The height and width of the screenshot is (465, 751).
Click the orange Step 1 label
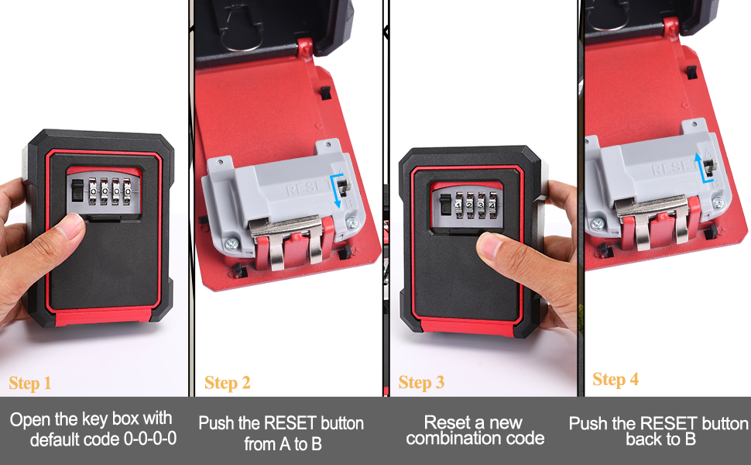point(29,383)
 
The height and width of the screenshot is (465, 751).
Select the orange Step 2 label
point(228,383)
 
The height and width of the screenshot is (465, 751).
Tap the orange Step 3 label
point(421,383)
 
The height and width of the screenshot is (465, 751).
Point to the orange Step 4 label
point(616,380)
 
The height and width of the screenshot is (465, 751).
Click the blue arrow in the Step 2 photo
point(338,191)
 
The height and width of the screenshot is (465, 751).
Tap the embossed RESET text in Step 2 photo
point(306,189)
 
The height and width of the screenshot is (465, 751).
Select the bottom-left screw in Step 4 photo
point(598,224)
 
